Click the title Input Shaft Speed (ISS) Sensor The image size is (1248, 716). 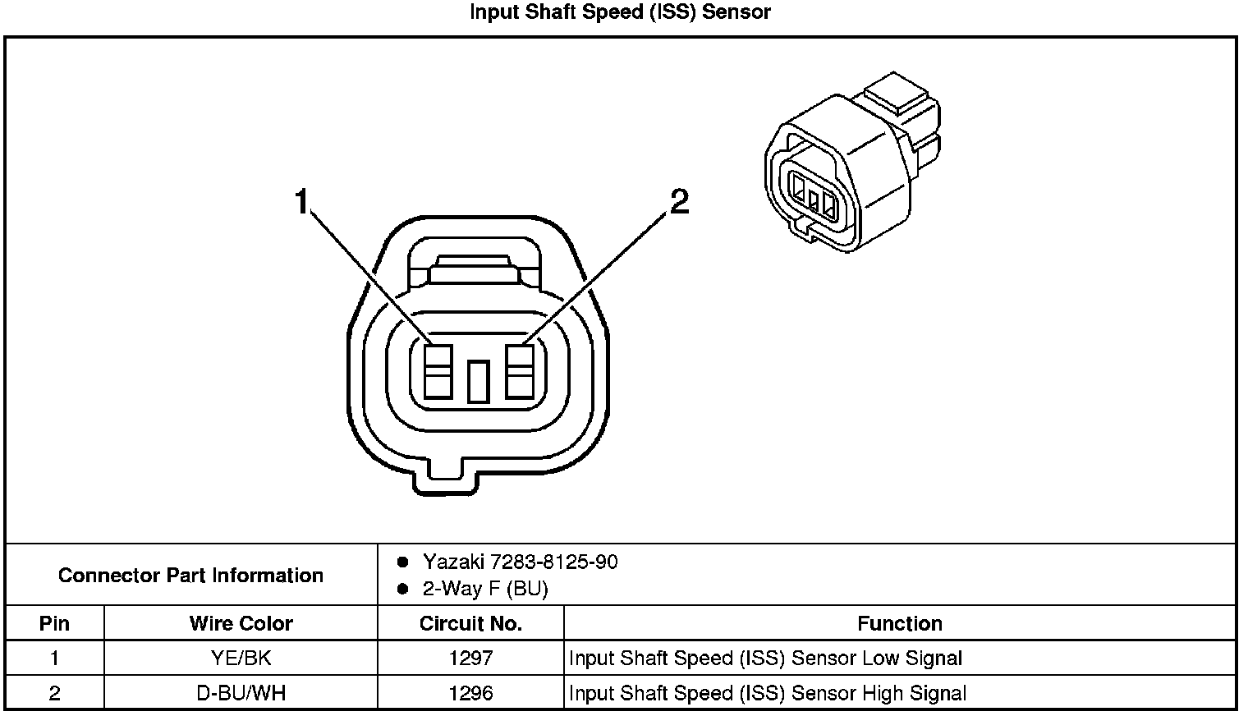coord(620,12)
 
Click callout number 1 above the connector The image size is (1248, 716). coord(303,201)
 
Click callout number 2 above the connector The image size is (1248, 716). coord(679,201)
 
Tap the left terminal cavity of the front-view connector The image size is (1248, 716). coord(438,371)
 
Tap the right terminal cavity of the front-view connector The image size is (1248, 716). coord(520,371)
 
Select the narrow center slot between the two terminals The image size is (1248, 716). coord(478,382)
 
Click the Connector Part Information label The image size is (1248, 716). coord(190,575)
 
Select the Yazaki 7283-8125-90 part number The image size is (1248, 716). coord(520,562)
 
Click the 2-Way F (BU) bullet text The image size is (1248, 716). coord(484,588)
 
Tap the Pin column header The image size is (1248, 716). coord(54,623)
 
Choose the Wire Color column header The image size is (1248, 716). coord(241,623)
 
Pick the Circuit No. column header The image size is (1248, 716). coord(470,623)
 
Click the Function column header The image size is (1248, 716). coord(900,623)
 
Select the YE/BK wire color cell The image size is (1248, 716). coord(241,658)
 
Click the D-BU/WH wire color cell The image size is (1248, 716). coord(241,692)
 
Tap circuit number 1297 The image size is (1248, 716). coord(470,658)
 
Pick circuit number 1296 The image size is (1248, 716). coord(470,692)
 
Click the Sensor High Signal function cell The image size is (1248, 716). coord(767,692)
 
